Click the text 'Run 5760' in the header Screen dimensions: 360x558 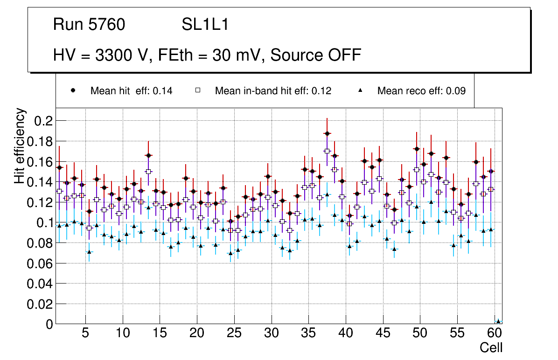tap(89, 25)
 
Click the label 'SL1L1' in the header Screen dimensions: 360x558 tap(205, 25)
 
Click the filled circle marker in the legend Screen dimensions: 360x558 tap(73, 91)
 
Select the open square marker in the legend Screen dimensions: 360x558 tap(198, 91)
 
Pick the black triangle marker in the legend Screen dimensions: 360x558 tap(360, 91)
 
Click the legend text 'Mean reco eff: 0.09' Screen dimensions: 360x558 tap(421, 91)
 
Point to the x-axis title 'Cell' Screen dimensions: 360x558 tap(491, 347)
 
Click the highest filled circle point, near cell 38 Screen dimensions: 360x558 tap(327, 133)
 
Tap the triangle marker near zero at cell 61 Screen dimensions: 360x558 tap(498, 321)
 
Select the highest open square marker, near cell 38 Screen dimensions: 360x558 tap(327, 151)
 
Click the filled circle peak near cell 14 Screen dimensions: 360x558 tap(148, 155)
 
